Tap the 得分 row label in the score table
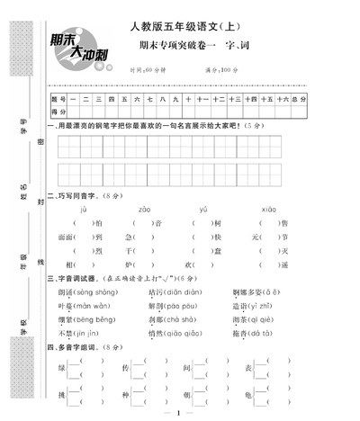(x=60, y=111)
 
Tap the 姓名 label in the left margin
(x=23, y=186)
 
